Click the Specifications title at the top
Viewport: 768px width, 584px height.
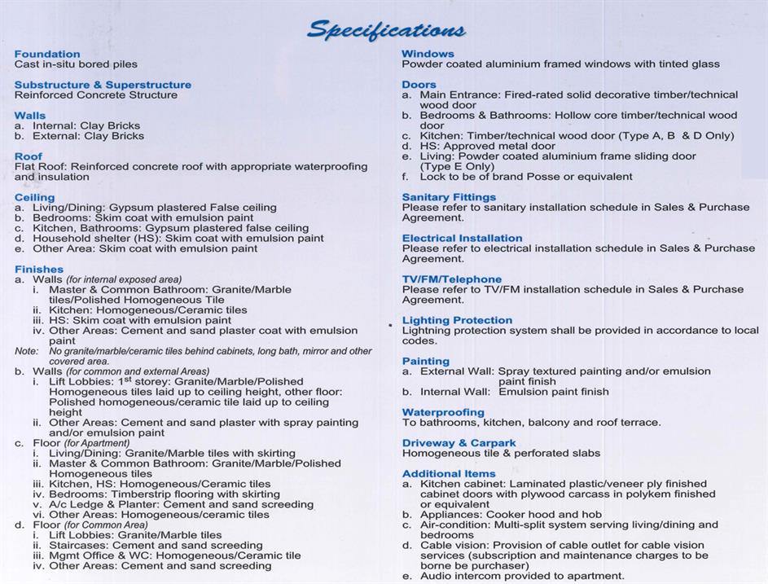[x=385, y=31]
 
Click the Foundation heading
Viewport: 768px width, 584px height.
[x=47, y=54]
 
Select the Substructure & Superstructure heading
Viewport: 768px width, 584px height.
[x=103, y=85]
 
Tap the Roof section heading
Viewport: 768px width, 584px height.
[x=29, y=156]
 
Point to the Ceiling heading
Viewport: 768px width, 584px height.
[x=35, y=197]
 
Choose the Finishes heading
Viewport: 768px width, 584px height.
[x=38, y=270]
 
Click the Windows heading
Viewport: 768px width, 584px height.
[x=428, y=54]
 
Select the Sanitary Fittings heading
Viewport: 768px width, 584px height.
[x=449, y=197]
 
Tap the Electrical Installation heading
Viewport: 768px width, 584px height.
[x=462, y=239]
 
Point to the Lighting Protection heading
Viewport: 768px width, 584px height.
[x=457, y=320]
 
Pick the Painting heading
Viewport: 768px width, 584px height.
[x=425, y=361]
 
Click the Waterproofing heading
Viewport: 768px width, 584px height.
[x=443, y=412]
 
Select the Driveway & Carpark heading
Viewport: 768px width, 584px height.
[x=459, y=443]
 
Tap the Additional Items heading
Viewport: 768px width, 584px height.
[x=448, y=474]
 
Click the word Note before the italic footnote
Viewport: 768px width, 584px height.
[x=25, y=351]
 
